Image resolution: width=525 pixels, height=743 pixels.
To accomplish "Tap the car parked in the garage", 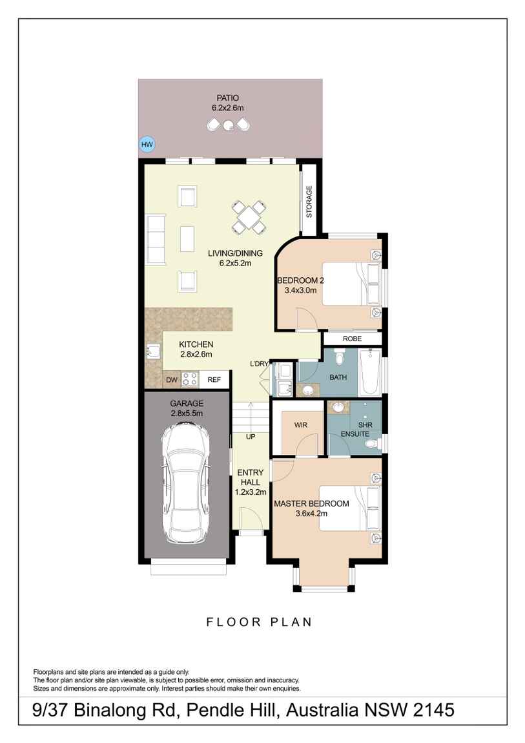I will [x=186, y=482].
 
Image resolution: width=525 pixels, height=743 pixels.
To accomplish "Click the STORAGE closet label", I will [x=309, y=202].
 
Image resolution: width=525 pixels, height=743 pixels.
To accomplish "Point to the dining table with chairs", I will [x=249, y=217].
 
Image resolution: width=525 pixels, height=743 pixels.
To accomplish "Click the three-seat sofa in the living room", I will [x=156, y=238].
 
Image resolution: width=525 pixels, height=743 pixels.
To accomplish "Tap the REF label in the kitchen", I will [x=214, y=380].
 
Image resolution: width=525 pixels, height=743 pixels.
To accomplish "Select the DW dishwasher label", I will [x=171, y=380].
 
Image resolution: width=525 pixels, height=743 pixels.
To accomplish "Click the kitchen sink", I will [x=154, y=351].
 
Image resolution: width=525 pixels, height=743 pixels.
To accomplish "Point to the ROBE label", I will [x=352, y=339].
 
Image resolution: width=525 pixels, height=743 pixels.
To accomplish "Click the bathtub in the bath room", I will [x=371, y=372].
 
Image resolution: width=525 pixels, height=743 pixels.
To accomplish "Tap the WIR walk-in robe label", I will [x=300, y=424].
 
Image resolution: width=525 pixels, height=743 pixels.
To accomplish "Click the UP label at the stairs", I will [x=250, y=437].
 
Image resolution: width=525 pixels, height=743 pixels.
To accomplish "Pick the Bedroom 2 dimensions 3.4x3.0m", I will [x=300, y=291].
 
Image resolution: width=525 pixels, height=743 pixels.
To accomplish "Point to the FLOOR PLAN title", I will [x=259, y=622].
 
